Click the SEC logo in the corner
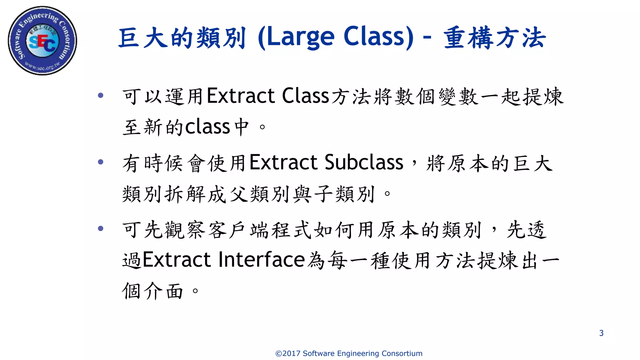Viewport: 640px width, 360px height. click(x=42, y=41)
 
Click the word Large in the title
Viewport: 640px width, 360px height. click(x=300, y=37)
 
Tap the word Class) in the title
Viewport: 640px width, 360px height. click(x=378, y=37)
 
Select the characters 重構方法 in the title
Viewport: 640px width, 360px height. click(x=494, y=38)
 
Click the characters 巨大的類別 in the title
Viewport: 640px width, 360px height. click(x=182, y=38)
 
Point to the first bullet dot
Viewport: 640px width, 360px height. click(x=101, y=95)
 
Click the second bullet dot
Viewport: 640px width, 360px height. click(x=101, y=162)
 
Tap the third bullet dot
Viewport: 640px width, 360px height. click(x=101, y=228)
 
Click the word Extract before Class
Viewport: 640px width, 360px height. click(x=241, y=96)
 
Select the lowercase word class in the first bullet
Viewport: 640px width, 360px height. click(x=208, y=127)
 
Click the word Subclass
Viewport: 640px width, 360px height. click(x=364, y=162)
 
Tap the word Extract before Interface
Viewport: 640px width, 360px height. click(x=177, y=260)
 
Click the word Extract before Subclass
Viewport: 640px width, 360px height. click(x=283, y=162)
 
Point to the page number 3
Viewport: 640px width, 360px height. click(x=601, y=333)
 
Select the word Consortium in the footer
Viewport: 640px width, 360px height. click(x=402, y=353)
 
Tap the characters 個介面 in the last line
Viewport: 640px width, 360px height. click(x=152, y=291)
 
